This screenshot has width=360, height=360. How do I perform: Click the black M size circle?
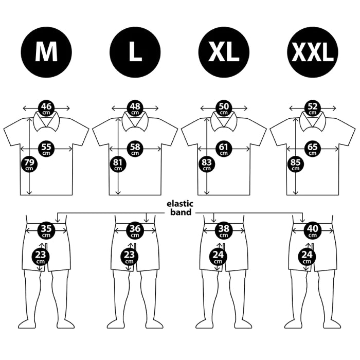(46, 52)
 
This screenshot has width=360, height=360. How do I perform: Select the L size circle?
(135, 52)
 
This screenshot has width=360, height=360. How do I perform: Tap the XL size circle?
(224, 52)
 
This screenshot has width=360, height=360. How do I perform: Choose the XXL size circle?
(313, 52)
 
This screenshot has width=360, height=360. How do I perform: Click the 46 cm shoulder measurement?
(46, 108)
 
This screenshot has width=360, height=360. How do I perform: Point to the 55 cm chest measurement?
(46, 149)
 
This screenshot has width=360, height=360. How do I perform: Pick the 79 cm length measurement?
(29, 165)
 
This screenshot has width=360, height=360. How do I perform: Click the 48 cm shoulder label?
(135, 108)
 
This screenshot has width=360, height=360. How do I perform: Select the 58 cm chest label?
(135, 149)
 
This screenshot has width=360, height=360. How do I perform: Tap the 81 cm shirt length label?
(118, 165)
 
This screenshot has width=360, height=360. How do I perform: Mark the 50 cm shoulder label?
(224, 108)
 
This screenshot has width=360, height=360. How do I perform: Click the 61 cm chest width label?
(224, 149)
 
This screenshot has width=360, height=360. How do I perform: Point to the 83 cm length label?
(207, 165)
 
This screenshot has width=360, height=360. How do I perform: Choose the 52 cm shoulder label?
(313, 108)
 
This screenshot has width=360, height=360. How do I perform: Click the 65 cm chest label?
(313, 149)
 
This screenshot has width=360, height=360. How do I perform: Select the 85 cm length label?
(296, 165)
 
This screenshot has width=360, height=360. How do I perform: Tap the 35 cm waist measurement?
(46, 230)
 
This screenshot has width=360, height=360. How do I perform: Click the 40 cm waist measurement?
(313, 230)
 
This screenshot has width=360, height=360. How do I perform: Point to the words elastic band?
(180, 208)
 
